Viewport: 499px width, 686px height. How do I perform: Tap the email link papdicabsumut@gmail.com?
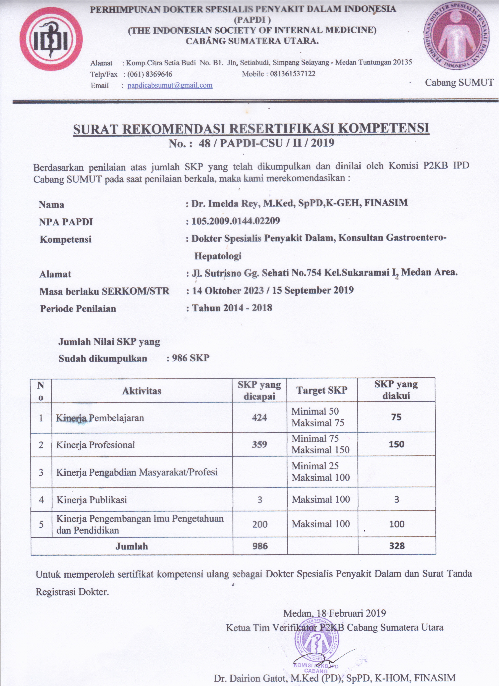click(170, 86)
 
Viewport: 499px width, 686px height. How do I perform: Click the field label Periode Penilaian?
click(78, 309)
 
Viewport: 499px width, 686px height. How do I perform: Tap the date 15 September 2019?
click(313, 290)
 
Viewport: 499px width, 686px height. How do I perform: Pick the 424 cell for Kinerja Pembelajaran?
click(259, 418)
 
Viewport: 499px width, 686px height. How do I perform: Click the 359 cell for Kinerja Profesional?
click(259, 445)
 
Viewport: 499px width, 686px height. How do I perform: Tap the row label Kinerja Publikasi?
click(92, 500)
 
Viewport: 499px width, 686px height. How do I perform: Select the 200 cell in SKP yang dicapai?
click(260, 524)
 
